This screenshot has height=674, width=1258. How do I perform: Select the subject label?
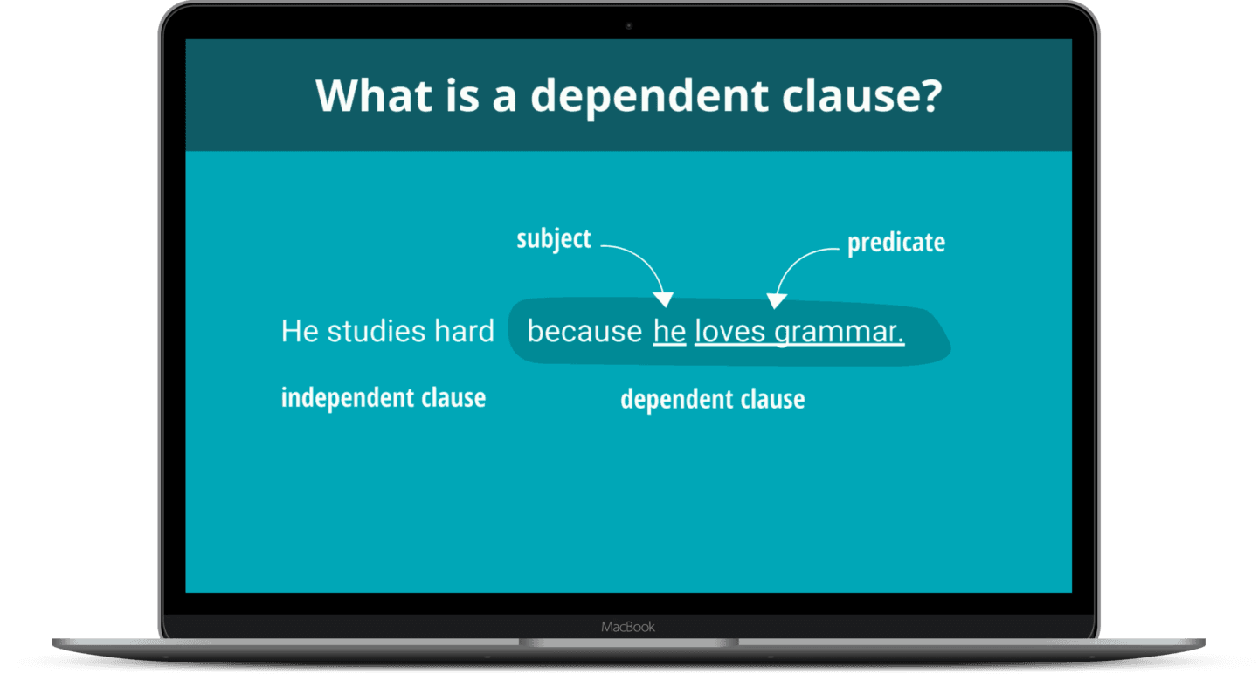[x=553, y=239]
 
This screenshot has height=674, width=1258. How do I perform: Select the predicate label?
[x=895, y=242]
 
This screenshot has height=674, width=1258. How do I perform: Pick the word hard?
[x=464, y=332]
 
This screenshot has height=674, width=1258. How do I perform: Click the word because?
[x=584, y=332]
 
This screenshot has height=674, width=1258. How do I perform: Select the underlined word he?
[x=669, y=332]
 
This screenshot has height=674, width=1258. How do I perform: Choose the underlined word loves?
[x=729, y=332]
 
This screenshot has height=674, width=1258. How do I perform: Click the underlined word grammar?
[x=839, y=333]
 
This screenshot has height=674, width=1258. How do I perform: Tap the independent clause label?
[x=383, y=398]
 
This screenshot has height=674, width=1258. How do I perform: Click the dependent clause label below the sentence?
[x=712, y=400]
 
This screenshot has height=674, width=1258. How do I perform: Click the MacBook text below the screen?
[x=628, y=627]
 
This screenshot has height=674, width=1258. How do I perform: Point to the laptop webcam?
[x=628, y=26]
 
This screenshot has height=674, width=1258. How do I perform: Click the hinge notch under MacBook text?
[x=628, y=643]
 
